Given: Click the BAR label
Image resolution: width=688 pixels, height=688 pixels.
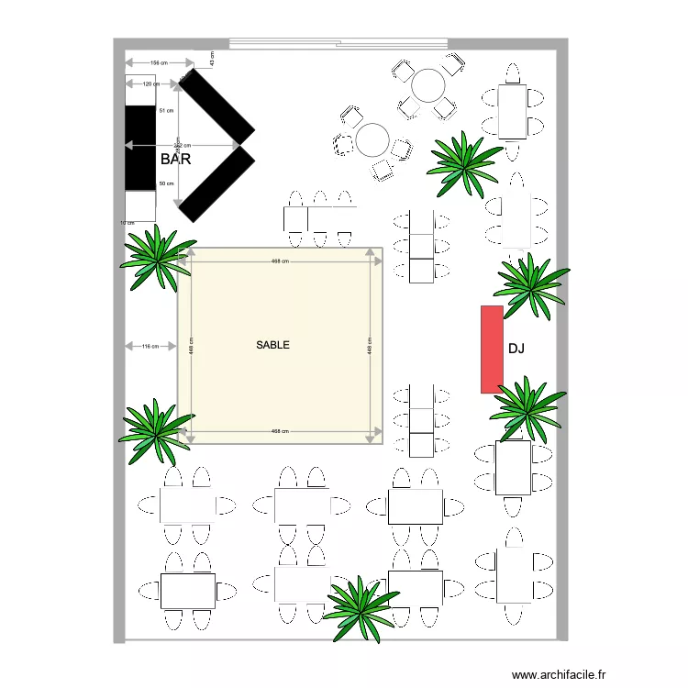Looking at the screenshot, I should pos(175,160).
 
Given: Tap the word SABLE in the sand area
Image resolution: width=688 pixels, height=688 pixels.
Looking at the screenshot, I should pos(273,345).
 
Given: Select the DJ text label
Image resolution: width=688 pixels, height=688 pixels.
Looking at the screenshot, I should pos(516,349).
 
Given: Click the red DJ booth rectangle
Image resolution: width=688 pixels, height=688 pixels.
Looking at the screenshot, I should pos(492,350).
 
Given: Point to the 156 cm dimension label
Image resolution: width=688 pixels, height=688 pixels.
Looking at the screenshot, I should pos(161,62).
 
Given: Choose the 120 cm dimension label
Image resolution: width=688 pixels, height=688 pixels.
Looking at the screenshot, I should pos(151,84).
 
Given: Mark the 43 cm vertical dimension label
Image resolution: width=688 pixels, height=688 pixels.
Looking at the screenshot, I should pos(212,59).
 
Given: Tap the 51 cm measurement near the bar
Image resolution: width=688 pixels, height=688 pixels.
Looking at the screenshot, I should pos(166,111).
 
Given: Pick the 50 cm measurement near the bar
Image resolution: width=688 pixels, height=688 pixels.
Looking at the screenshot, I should pos(166,183).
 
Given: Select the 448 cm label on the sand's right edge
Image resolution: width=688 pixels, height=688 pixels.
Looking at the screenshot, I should pos(370,349).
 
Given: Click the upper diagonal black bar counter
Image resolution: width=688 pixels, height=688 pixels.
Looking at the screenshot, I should pos(216,105).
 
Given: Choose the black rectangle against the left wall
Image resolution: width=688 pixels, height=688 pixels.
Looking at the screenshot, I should pos(140,148).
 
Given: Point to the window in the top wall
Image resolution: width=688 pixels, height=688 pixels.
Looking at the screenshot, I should pos(338,42).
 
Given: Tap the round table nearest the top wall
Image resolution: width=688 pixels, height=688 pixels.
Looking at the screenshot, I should pos(427,85).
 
